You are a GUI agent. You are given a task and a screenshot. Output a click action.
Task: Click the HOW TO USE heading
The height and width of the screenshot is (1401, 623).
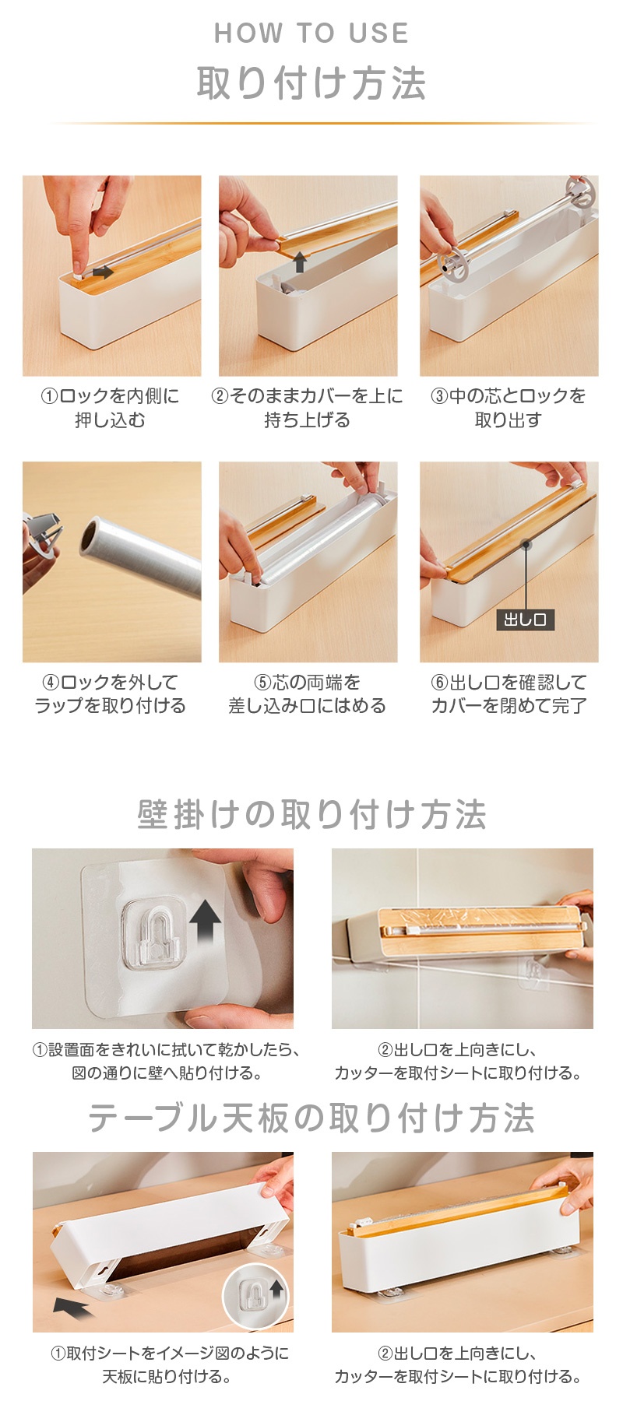tap(311, 33)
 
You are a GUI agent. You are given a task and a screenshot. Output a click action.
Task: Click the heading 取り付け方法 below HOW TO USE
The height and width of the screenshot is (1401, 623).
tap(311, 83)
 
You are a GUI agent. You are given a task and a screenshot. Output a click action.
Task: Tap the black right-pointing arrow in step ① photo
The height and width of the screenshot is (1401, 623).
tap(103, 272)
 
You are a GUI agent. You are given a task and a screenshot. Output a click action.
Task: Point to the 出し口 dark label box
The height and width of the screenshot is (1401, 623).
tap(526, 620)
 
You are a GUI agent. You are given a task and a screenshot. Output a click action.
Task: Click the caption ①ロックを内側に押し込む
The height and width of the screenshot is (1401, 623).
tap(111, 408)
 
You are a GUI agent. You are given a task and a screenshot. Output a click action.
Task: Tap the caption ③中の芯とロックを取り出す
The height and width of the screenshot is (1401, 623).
tap(509, 408)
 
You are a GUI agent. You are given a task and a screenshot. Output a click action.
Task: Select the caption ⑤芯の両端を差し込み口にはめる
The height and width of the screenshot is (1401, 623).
tap(308, 693)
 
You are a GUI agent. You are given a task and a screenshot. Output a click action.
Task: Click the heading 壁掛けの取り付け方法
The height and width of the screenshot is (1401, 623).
tap(311, 815)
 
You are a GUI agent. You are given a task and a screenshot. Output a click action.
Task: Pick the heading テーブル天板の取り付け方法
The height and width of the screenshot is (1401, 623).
tap(311, 1118)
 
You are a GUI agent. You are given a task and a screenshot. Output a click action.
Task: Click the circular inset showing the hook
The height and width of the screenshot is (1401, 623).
tap(255, 1294)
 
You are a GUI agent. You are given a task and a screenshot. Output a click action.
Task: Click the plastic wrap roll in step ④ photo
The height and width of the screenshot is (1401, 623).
tap(140, 554)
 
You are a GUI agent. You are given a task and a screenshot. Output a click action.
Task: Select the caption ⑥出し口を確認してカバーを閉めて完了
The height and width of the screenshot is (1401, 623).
tap(509, 693)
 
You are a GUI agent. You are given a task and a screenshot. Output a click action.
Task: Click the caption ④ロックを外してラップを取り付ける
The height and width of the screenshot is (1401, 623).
tap(111, 693)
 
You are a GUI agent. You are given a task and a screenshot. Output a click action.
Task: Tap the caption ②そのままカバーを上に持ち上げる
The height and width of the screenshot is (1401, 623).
tap(308, 408)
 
